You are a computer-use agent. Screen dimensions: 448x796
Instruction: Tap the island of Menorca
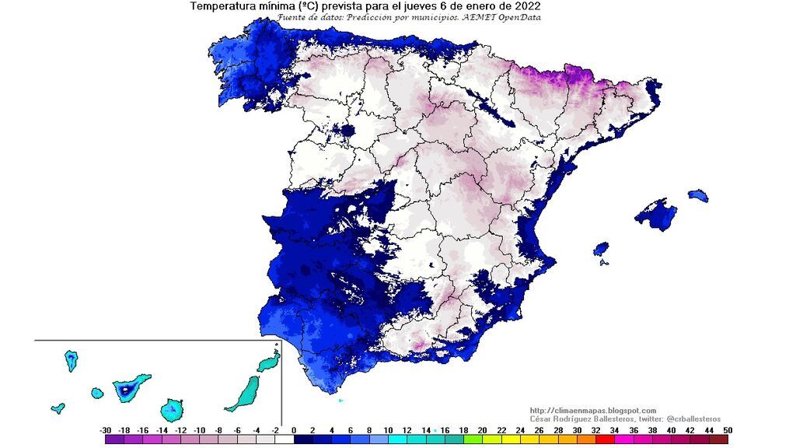point(698,194)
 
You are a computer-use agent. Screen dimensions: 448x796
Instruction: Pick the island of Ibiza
point(601,250)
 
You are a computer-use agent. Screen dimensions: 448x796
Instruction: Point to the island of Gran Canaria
point(173,408)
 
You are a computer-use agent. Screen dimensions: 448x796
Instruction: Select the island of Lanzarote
point(269,362)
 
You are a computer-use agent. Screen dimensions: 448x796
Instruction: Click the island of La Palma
point(71,360)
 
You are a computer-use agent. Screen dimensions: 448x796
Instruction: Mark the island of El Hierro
point(58,408)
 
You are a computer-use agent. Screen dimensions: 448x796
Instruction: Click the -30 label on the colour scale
point(106,429)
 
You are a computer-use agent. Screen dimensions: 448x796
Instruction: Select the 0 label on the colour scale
point(294,429)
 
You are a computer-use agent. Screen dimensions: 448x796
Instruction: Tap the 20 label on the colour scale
point(482,429)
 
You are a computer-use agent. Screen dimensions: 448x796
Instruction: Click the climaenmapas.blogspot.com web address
point(592,411)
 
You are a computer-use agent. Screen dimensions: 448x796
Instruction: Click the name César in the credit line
point(541,418)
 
